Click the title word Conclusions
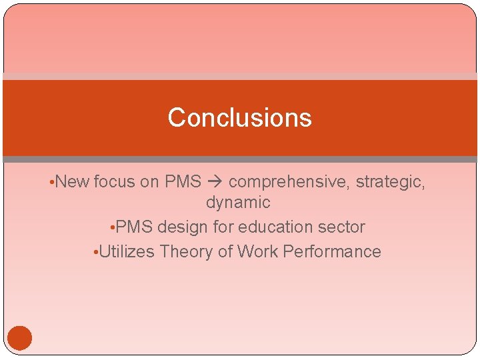tap(239, 117)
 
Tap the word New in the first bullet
tap(73, 181)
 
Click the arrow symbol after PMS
tap(215, 181)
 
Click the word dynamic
tap(238, 202)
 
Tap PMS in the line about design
tap(134, 227)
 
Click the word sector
tap(343, 227)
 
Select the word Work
tap(256, 251)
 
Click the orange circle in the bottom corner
tap(20, 338)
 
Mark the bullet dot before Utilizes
tap(96, 253)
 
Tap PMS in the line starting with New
tap(183, 181)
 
